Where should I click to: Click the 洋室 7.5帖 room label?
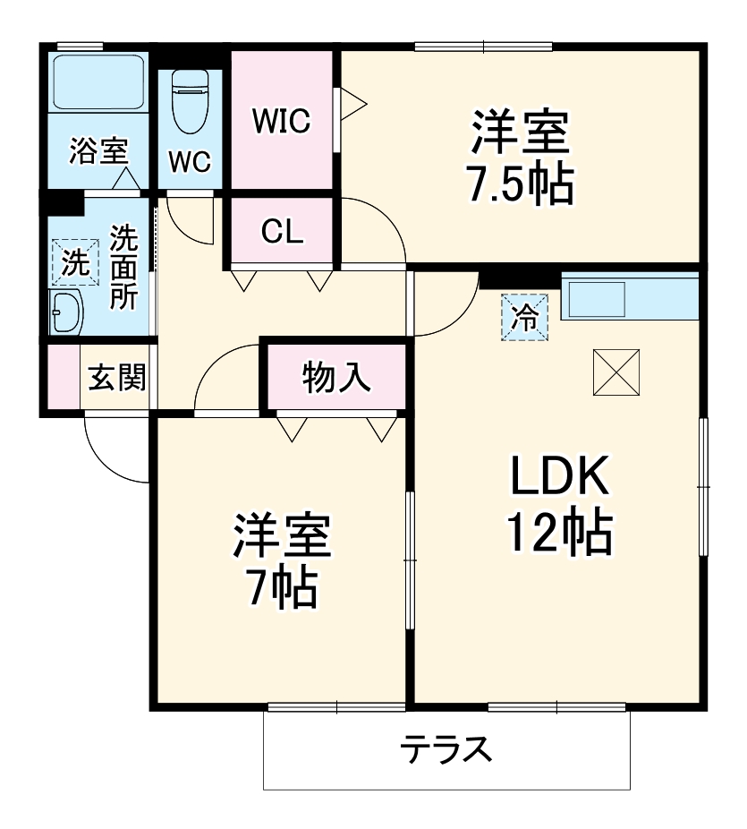pyautogui.click(x=519, y=159)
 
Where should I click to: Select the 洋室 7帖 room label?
pyautogui.click(x=283, y=561)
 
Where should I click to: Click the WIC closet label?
pyautogui.click(x=280, y=120)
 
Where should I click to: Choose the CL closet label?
pyautogui.click(x=282, y=232)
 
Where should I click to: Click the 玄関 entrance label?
pyautogui.click(x=116, y=379)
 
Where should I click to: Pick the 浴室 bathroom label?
pyautogui.click(x=98, y=151)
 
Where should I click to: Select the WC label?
pyautogui.click(x=190, y=161)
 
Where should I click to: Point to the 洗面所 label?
pyautogui.click(x=123, y=267)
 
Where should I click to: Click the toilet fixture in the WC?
pyautogui.click(x=189, y=98)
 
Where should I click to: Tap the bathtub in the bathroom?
pyautogui.click(x=98, y=81)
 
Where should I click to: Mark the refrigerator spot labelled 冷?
pyautogui.click(x=527, y=317)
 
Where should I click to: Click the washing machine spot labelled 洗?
pyautogui.click(x=75, y=262)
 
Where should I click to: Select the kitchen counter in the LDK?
pyautogui.click(x=629, y=297)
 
